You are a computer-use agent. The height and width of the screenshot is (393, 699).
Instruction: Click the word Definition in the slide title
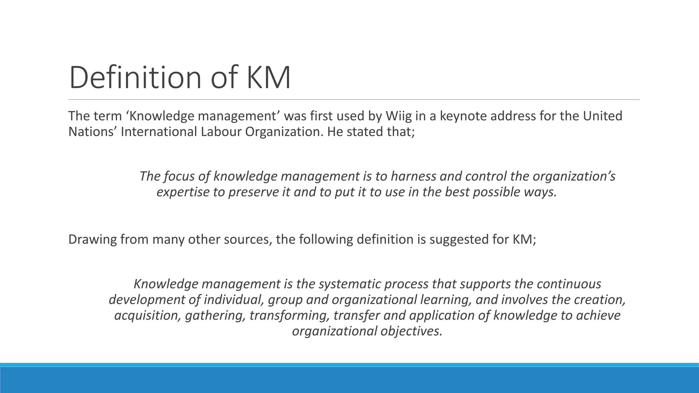click(135, 78)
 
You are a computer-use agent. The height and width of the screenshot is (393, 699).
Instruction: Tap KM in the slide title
click(268, 78)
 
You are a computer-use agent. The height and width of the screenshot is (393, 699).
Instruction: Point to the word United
click(602, 116)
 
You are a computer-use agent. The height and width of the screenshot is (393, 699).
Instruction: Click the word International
click(159, 132)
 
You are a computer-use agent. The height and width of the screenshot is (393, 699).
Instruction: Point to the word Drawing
click(92, 239)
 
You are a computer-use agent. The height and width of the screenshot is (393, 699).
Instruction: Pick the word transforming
click(289, 315)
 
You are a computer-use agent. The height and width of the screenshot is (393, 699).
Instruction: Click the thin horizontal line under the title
click(354, 100)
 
